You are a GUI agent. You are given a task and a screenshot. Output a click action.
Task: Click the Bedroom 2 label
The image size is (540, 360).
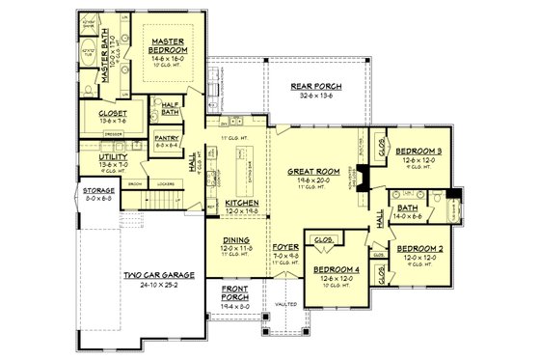(x=419, y=248)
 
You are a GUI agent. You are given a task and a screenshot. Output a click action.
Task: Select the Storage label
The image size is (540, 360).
(x=99, y=190)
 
